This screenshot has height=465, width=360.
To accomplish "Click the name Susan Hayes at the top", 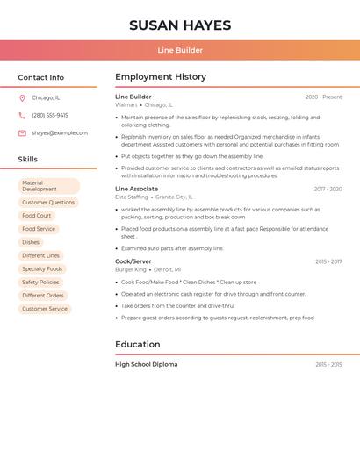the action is point(180,25).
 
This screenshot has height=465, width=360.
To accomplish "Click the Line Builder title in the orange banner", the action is point(180,50).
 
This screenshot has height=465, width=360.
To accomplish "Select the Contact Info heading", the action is point(41,77).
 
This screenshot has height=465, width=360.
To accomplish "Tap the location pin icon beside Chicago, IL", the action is point(22,98).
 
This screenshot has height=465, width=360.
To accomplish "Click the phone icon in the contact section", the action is point(22,115).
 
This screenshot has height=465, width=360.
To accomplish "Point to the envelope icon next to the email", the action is point(22,133).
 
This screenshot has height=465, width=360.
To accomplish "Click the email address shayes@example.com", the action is point(60,133).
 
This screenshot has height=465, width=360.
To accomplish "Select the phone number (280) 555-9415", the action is point(50,115).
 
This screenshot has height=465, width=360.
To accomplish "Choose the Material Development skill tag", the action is point(48,186).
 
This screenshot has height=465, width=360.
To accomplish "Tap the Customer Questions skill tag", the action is point(48,203).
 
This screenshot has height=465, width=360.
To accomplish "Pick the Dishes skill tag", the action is point(31,242).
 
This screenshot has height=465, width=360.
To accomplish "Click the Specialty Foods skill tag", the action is point(42,268).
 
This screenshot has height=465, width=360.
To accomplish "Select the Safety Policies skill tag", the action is point(40,283).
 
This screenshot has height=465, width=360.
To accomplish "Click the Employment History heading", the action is point(161,77).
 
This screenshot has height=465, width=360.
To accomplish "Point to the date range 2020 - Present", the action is point(323,97).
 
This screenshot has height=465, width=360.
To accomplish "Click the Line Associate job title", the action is point(137,189).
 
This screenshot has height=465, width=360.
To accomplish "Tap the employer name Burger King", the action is point(131,270).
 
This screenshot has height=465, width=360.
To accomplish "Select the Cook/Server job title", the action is point(133,261).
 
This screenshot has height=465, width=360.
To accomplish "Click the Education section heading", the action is point(138,344).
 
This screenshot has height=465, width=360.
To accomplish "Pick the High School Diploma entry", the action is point(147,364).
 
